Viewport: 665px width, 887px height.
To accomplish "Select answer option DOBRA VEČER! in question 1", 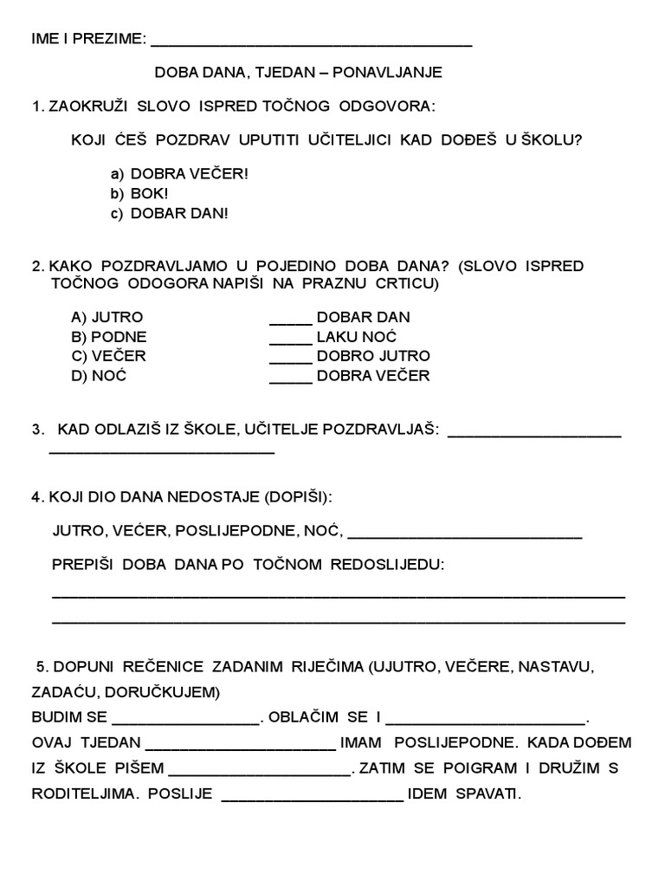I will tap(189, 173).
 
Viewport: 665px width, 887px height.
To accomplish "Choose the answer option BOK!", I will tap(149, 193).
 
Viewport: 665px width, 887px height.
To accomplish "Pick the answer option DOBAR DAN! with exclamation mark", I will tap(179, 213).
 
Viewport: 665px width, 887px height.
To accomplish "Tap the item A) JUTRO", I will tap(107, 317).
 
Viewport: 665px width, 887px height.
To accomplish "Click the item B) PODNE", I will tap(109, 337).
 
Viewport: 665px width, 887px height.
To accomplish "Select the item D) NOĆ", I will tap(99, 376).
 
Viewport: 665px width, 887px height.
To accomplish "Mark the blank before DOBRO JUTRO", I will tap(290, 359).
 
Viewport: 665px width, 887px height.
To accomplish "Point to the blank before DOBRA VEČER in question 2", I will tap(290, 379).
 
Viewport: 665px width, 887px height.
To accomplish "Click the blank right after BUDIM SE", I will tap(185, 721).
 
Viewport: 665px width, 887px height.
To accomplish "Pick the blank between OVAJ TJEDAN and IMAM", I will tap(241, 747).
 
